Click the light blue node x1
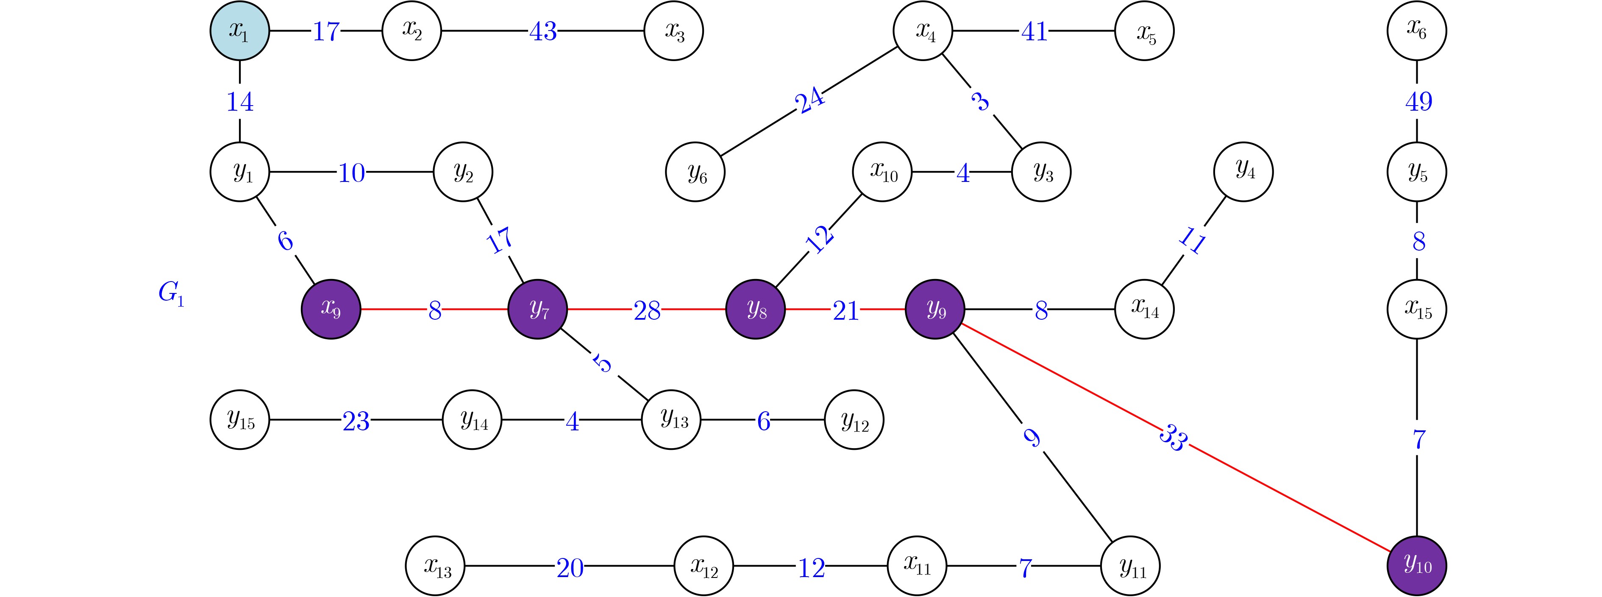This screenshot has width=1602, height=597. pos(239,31)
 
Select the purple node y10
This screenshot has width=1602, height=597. pos(1417,565)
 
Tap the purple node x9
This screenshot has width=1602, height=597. pos(331,309)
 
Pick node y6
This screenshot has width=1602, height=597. pos(695,172)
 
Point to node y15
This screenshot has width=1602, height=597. pos(239,420)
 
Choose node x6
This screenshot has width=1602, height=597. pos(1417,31)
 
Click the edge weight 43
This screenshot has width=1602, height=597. pos(543,31)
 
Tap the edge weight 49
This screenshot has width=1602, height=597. pos(1418,101)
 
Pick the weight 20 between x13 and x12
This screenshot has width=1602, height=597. pos(570,567)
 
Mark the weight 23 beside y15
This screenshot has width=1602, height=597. pos(356,421)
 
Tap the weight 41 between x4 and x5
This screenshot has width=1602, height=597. pos(1034,31)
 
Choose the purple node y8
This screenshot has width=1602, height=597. pos(756,309)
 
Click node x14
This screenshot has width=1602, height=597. pos(1144,309)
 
